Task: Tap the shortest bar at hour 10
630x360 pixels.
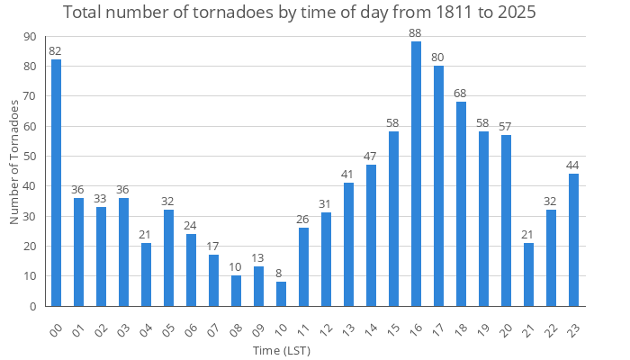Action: click(x=281, y=294)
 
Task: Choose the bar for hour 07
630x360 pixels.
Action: click(x=213, y=281)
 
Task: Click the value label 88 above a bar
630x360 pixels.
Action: click(x=416, y=33)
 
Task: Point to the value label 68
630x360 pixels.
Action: click(x=461, y=94)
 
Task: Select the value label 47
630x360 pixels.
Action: click(x=371, y=157)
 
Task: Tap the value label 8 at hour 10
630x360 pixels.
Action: click(x=281, y=274)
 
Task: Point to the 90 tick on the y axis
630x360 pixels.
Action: click(x=30, y=36)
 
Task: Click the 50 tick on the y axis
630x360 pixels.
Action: click(x=30, y=156)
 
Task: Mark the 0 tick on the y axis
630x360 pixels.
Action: click(x=32, y=306)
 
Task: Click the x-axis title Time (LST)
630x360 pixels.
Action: click(x=281, y=350)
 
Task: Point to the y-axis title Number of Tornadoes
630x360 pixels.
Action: click(x=14, y=162)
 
